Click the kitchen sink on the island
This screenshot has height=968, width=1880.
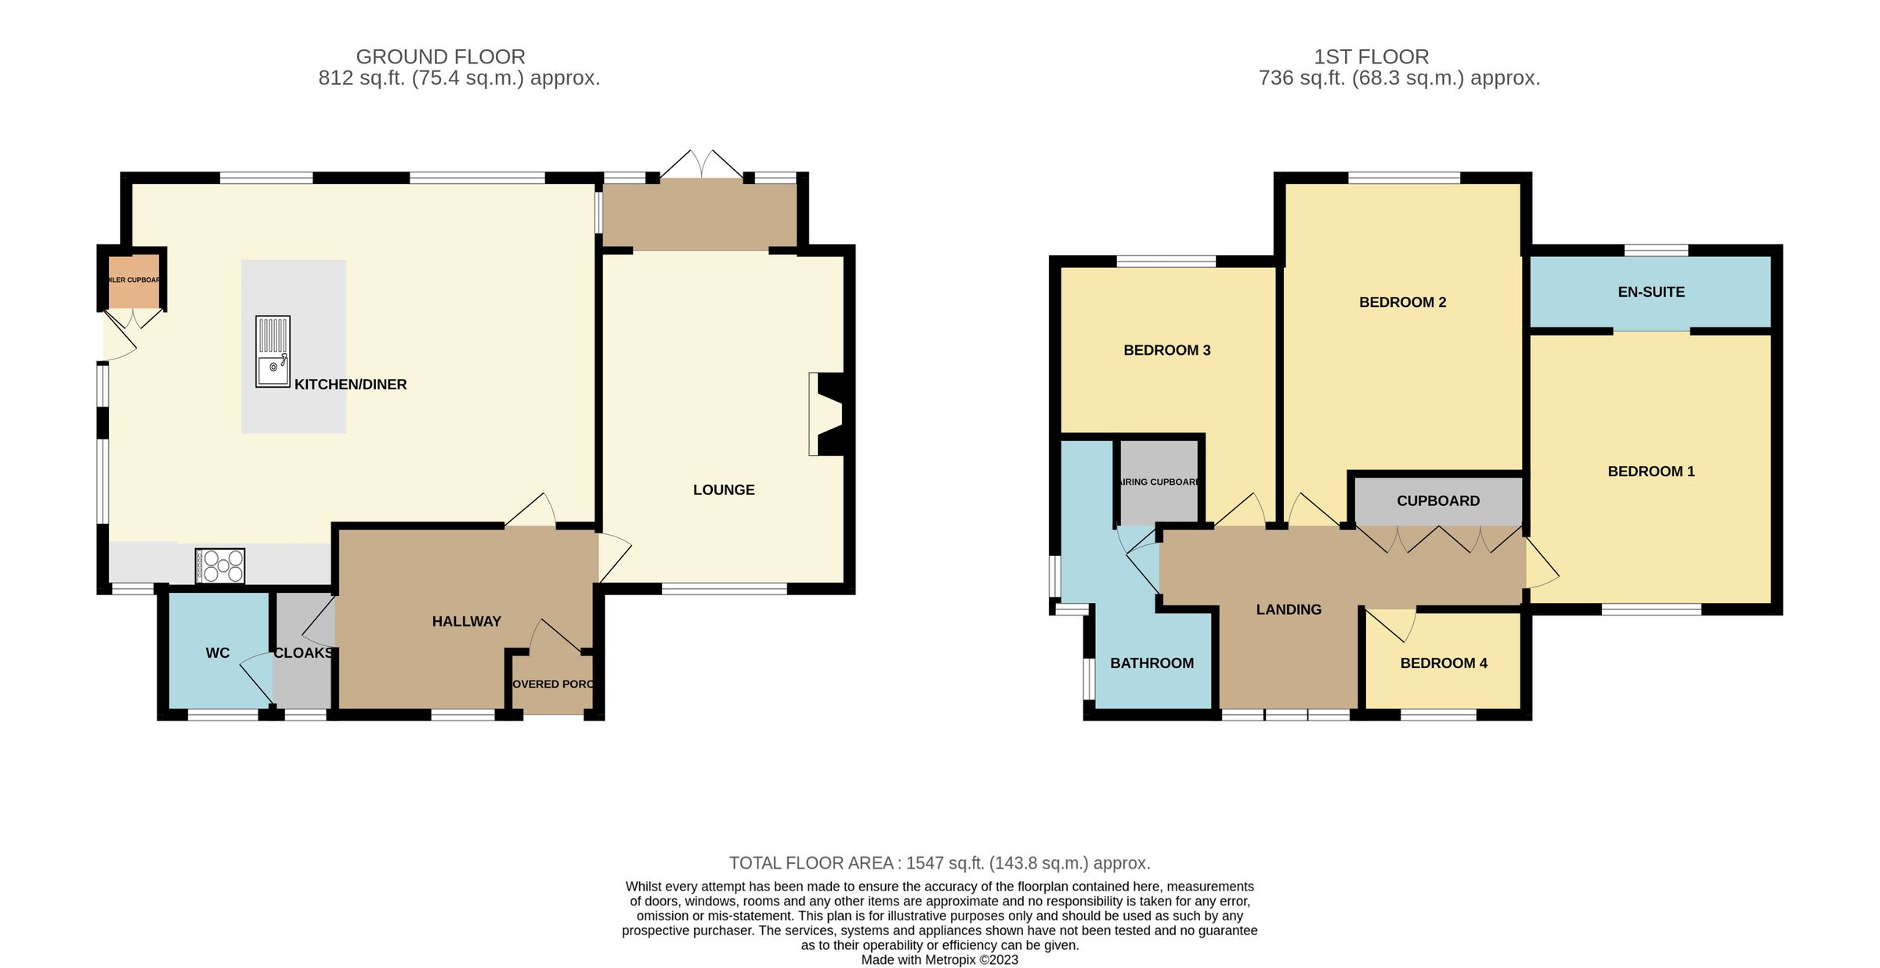tap(273, 352)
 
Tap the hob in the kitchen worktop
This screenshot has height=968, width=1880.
tap(220, 565)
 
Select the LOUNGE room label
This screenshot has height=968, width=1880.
tap(724, 490)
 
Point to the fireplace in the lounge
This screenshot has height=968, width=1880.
tap(829, 414)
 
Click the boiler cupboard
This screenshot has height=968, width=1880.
tap(133, 280)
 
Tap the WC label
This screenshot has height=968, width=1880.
tap(218, 653)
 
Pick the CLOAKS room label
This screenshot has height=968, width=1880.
tap(303, 653)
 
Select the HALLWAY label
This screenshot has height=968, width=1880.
tap(466, 622)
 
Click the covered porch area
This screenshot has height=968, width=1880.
tap(554, 684)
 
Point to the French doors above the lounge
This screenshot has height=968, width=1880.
tap(702, 165)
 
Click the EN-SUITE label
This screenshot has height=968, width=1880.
tap(1651, 292)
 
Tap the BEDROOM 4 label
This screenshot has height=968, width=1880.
tap(1444, 663)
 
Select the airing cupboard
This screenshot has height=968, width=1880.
tap(1159, 482)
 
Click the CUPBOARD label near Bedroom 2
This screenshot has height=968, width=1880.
tap(1438, 501)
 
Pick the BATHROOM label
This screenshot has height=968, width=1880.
tap(1151, 663)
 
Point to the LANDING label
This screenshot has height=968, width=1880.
tap(1289, 610)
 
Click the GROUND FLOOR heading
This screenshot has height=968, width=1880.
tap(440, 57)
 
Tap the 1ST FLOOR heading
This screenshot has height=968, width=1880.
tap(1371, 57)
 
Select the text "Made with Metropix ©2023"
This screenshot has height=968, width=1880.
tap(939, 960)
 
